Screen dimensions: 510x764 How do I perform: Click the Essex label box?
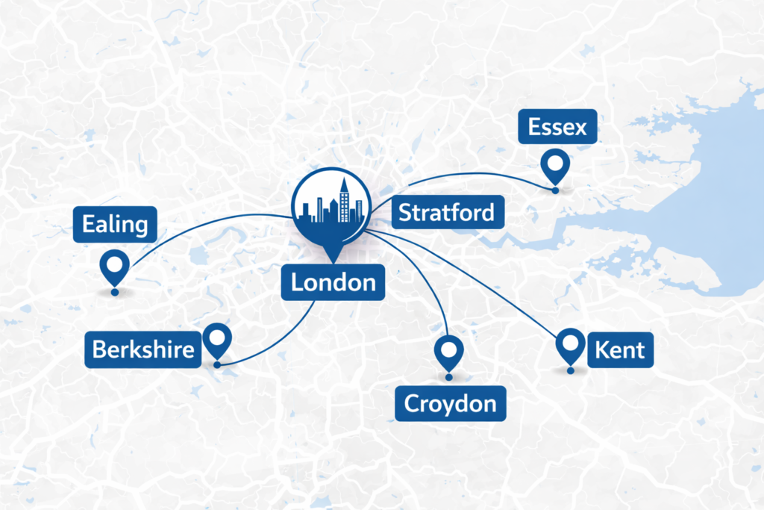tap(557, 128)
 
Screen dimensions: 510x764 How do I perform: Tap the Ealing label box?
tap(115, 224)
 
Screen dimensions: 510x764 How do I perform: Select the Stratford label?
tap(446, 213)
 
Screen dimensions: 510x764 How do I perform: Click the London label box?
tap(333, 283)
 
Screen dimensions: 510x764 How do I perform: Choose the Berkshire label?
tap(143, 349)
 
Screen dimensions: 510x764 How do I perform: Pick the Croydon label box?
tap(450, 404)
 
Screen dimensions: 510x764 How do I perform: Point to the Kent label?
tap(620, 349)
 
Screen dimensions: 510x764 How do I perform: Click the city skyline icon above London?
tap(330, 202)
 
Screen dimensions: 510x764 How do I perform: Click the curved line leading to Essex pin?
tap(477, 175)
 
